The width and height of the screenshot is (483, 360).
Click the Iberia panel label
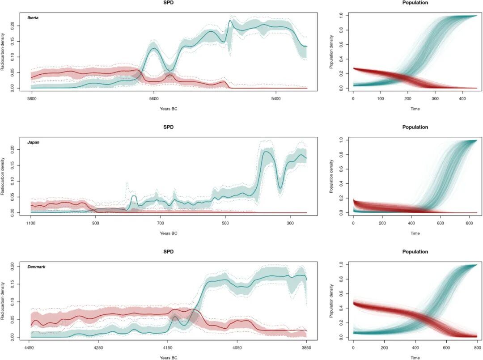tap(33, 18)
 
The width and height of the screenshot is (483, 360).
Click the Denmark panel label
tap(36, 267)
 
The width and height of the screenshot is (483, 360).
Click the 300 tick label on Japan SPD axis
tap(290, 222)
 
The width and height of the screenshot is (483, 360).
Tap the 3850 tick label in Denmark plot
tap(306, 347)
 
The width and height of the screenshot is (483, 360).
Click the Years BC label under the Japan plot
tap(168, 233)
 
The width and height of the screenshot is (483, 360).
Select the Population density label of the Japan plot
tap(331, 176)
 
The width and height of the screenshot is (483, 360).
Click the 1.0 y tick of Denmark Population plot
tap(341, 265)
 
